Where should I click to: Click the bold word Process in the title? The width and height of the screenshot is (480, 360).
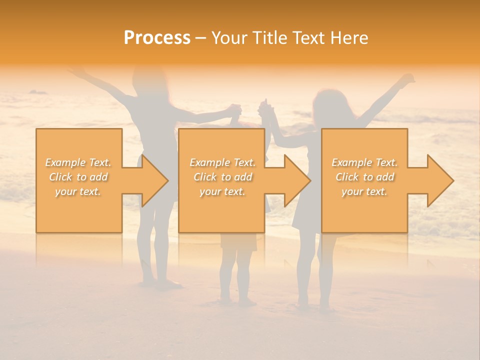(x=157, y=38)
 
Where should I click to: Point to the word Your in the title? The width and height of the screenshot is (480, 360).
(x=230, y=38)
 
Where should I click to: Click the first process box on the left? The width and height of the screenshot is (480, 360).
(x=79, y=180)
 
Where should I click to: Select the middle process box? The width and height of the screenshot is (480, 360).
(x=221, y=180)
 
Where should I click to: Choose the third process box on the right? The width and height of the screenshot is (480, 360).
(x=364, y=180)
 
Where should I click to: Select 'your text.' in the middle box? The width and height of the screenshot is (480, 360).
(x=222, y=191)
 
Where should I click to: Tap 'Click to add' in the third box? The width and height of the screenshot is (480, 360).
(x=364, y=177)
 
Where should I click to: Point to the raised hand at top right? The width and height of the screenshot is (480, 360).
(x=407, y=80)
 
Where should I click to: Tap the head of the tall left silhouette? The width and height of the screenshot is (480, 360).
(x=147, y=80)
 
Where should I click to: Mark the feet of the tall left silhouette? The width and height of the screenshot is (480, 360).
(x=160, y=284)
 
